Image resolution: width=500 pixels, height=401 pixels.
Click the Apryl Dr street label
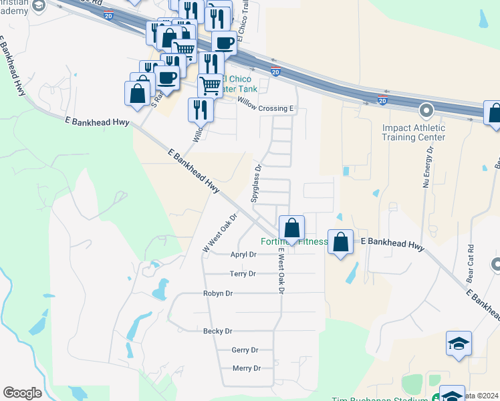(x=243, y=255)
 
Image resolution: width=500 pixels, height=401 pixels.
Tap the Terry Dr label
(x=243, y=274)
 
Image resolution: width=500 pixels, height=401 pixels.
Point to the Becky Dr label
(x=218, y=331)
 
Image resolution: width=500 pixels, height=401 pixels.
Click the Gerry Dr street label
(x=245, y=350)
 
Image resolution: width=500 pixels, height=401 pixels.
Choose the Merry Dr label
(x=246, y=368)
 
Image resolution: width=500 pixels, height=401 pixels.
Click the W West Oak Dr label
(x=220, y=233)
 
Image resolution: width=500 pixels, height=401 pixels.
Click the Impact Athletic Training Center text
(x=413, y=132)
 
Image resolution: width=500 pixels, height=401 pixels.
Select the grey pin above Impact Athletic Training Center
(x=426, y=110)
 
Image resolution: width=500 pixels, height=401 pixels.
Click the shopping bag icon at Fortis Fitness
(x=291, y=228)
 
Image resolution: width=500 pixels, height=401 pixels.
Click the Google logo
(x=22, y=393)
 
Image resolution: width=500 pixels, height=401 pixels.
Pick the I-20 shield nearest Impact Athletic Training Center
(x=382, y=100)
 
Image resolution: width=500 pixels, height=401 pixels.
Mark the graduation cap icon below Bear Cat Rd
(x=459, y=344)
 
